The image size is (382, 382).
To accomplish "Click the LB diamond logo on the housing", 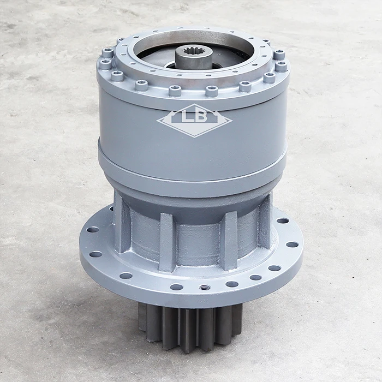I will tap(194, 120).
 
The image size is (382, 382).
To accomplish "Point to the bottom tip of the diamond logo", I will tap(194, 136).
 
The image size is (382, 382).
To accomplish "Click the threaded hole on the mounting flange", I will tap(205, 287).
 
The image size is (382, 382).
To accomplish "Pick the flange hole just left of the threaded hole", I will tap(176, 286).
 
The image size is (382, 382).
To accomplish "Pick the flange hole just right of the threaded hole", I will tap(232, 284).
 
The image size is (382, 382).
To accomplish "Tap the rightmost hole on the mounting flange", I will tap(293, 244).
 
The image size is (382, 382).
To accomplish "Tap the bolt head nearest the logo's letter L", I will tap(175, 90).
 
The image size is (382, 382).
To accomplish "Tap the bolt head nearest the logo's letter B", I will tap(212, 91).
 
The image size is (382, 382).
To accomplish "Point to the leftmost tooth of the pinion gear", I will tap(142, 317).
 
